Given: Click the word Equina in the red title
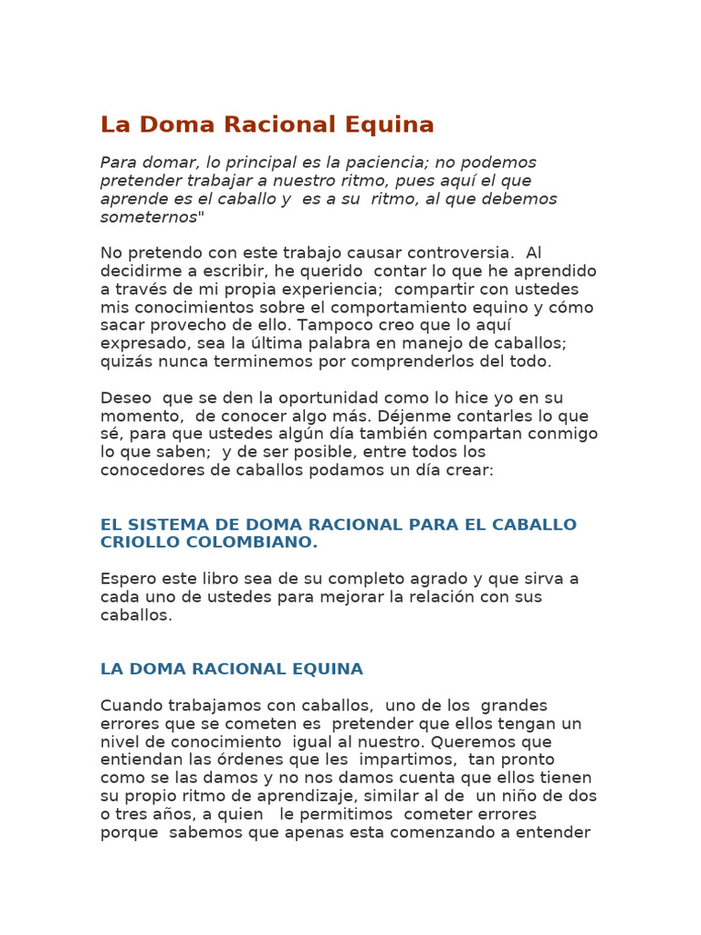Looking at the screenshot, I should click(388, 125).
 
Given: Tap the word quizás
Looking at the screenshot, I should click(124, 362).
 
